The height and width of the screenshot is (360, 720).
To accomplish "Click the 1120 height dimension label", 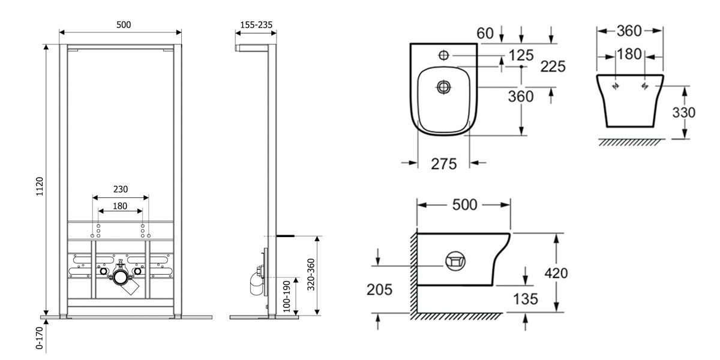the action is pos(39,186).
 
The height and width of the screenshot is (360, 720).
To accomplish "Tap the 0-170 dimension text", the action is pos(39,338).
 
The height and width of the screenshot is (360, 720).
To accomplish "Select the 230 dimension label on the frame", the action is pos(121,189).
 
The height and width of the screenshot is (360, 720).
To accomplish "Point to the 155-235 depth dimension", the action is pos(256,25).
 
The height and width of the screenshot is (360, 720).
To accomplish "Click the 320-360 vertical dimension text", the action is pos(311,275).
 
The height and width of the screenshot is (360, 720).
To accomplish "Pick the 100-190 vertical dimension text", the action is pos(287,296).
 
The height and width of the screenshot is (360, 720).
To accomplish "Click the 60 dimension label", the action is pos(485,33).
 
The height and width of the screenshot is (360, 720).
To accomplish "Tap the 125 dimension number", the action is pos(521,55).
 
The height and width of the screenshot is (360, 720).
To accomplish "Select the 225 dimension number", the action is pos(553,67).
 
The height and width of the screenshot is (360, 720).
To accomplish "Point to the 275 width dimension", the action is pos(444,164).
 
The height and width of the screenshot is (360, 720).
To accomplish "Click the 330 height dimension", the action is pos(683,113).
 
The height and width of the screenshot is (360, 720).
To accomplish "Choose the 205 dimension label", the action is pos(379,289).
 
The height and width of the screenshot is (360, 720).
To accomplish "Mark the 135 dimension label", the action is pos(526,299).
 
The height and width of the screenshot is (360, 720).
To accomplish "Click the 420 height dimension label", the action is pos(556,273).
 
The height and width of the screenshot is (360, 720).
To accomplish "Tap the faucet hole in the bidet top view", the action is pos(443,55).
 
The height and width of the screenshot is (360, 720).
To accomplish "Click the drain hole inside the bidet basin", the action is pos(443,87).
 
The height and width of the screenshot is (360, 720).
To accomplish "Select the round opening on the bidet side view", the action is pos(455,261).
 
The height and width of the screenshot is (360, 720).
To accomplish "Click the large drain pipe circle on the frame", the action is pos(121,277).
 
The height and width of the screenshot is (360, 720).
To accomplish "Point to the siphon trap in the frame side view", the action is pos(257,283).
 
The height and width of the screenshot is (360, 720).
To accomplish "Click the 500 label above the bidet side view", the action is pos(464,205).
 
